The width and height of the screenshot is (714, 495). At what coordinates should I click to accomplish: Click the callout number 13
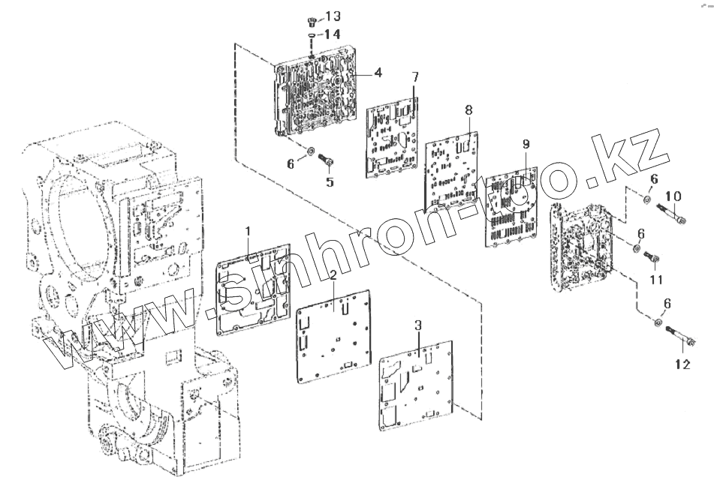(x=333, y=16)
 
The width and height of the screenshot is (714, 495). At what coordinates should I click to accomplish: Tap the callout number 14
(x=333, y=34)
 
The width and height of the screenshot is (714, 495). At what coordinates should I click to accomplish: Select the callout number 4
(x=378, y=73)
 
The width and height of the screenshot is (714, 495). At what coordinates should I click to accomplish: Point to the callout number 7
(x=415, y=78)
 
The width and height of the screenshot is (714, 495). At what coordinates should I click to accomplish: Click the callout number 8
(x=468, y=110)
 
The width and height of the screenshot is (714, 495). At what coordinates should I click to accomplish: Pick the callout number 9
(x=526, y=143)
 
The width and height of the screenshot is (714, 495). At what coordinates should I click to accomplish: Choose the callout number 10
(x=673, y=196)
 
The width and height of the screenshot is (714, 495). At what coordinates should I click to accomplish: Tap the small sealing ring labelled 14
(x=311, y=34)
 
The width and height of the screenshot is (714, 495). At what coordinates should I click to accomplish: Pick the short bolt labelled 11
(x=651, y=259)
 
